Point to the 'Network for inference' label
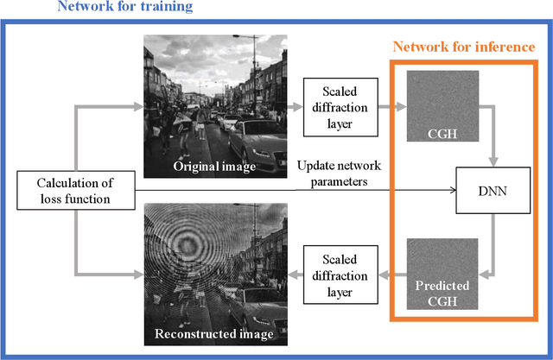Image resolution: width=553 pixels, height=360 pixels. [464, 47]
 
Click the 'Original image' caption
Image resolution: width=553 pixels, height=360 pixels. [214, 166]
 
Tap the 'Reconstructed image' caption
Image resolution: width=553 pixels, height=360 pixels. [214, 333]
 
